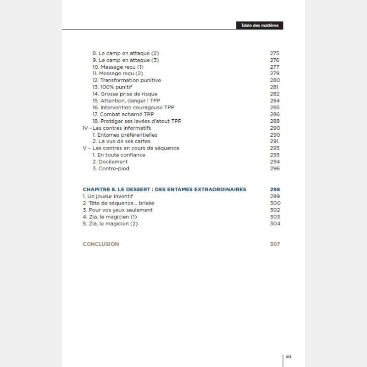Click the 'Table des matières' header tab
(x=260, y=25)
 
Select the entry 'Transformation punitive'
(x=127, y=80)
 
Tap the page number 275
(x=274, y=53)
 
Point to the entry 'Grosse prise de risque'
(x=125, y=94)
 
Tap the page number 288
(x=274, y=121)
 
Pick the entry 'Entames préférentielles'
(x=125, y=135)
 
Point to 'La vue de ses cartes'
(x=121, y=141)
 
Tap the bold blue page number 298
(x=275, y=189)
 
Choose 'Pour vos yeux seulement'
(x=117, y=210)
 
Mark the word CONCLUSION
(x=100, y=244)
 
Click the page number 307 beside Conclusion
(x=275, y=244)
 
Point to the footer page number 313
(x=289, y=356)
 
